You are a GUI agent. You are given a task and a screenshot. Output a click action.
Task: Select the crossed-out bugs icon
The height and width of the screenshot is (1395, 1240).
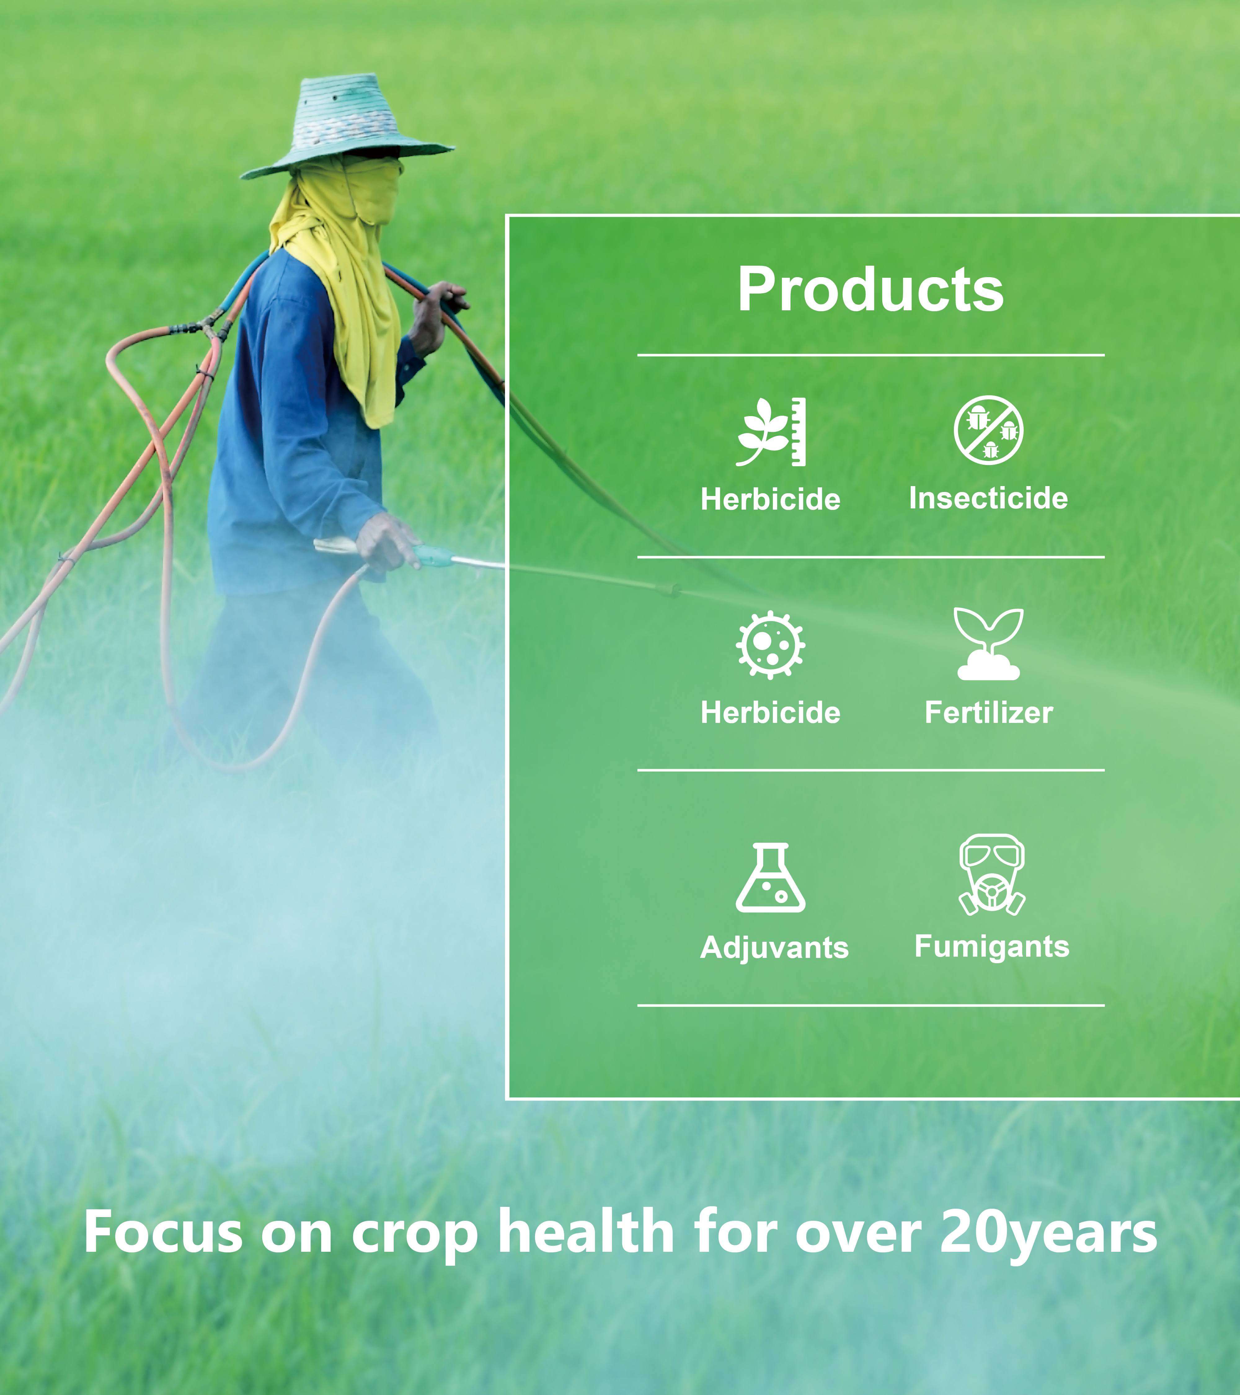988,430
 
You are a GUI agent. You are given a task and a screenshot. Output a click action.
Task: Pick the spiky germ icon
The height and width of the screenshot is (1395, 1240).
770,644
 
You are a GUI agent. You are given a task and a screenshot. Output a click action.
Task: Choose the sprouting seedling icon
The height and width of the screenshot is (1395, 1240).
988,644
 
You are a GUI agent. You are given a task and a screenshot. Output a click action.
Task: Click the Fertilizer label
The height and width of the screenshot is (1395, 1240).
988,712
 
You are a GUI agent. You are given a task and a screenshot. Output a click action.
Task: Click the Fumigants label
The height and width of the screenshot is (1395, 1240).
992,947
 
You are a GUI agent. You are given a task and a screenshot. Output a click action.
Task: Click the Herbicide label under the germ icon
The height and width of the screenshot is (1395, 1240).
770,712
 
